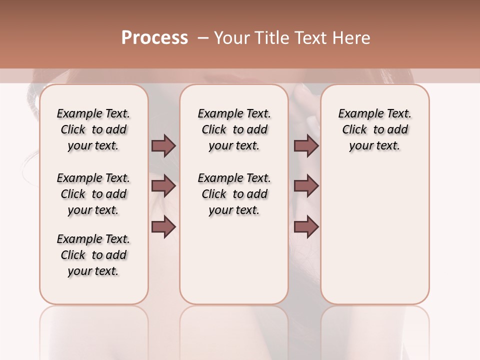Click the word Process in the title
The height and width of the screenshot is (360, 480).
point(154,38)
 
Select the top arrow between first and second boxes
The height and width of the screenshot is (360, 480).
point(163,146)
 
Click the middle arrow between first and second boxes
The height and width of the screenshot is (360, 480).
point(163,186)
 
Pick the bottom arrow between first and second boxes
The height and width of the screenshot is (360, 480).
point(163,226)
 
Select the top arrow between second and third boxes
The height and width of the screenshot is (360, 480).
point(306,146)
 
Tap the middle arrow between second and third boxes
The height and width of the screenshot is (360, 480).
point(306,186)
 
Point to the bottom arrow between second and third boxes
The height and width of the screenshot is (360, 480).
point(306,226)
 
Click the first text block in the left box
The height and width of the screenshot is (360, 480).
point(93,129)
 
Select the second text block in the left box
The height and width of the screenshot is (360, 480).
point(93,194)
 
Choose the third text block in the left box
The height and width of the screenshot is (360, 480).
point(93,255)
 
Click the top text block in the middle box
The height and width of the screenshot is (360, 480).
point(234,129)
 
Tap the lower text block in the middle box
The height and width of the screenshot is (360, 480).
point(234,194)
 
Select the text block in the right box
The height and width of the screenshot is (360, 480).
point(374,129)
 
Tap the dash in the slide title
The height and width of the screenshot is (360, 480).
point(203,38)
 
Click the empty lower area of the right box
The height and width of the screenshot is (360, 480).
point(374,240)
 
